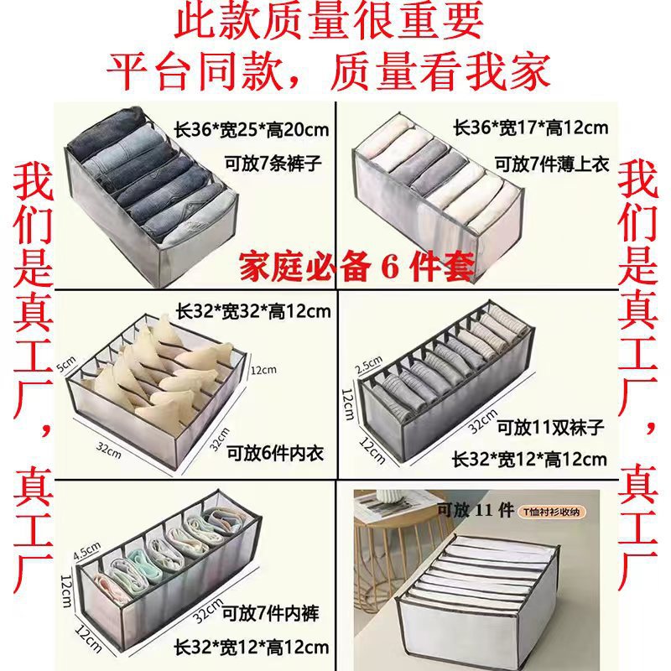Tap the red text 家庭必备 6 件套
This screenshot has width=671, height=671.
357,268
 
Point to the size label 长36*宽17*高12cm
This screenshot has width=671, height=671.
530,127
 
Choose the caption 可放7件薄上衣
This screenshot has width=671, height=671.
555,161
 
